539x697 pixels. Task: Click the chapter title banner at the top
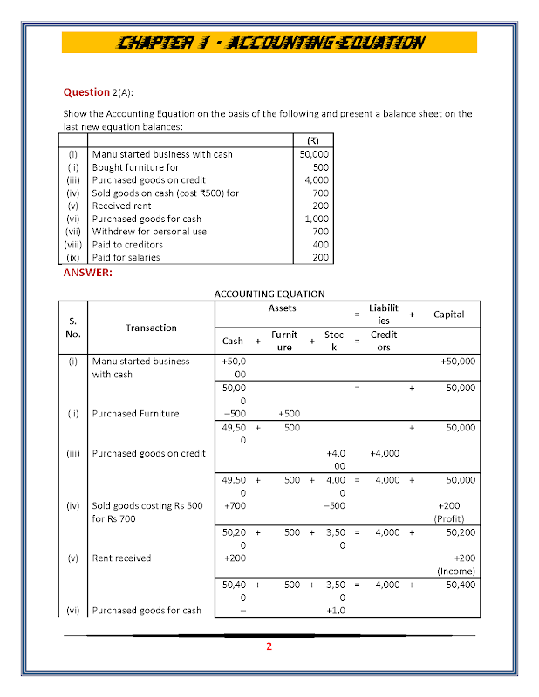(270, 42)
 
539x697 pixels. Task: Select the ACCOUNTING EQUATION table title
(269, 294)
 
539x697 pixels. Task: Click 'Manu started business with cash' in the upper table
(162, 154)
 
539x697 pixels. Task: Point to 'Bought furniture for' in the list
(135, 167)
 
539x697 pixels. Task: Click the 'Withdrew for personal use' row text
(149, 232)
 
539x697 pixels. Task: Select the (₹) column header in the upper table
(314, 140)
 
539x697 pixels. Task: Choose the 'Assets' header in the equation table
(283, 308)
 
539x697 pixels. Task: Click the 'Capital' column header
(448, 315)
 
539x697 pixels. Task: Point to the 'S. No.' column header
(72, 328)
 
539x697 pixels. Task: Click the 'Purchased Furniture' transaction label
(135, 413)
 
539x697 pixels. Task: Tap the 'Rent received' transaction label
(121, 558)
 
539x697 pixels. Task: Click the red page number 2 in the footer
(269, 646)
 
